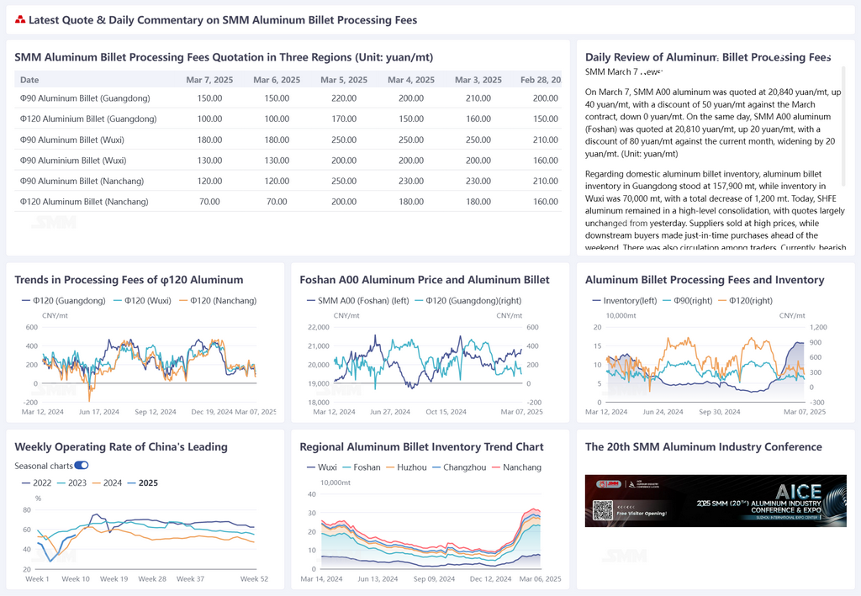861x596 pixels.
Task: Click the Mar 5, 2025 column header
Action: [x=343, y=80]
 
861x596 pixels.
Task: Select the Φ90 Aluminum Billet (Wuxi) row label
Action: [x=73, y=140]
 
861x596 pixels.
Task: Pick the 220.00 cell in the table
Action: [x=343, y=98]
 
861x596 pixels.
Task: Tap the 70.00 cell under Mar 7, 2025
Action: [x=209, y=202]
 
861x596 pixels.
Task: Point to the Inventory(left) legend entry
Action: [x=626, y=300]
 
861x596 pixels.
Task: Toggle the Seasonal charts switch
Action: [x=82, y=466]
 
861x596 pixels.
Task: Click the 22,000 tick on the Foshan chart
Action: [x=319, y=327]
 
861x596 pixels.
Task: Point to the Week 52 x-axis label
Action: [x=254, y=579]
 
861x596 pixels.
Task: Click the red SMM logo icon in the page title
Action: [x=20, y=19]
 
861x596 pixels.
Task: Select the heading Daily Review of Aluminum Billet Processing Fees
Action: [x=708, y=57]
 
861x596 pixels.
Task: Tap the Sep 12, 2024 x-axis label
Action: [x=155, y=412]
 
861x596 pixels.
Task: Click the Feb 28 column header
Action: [x=541, y=80]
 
